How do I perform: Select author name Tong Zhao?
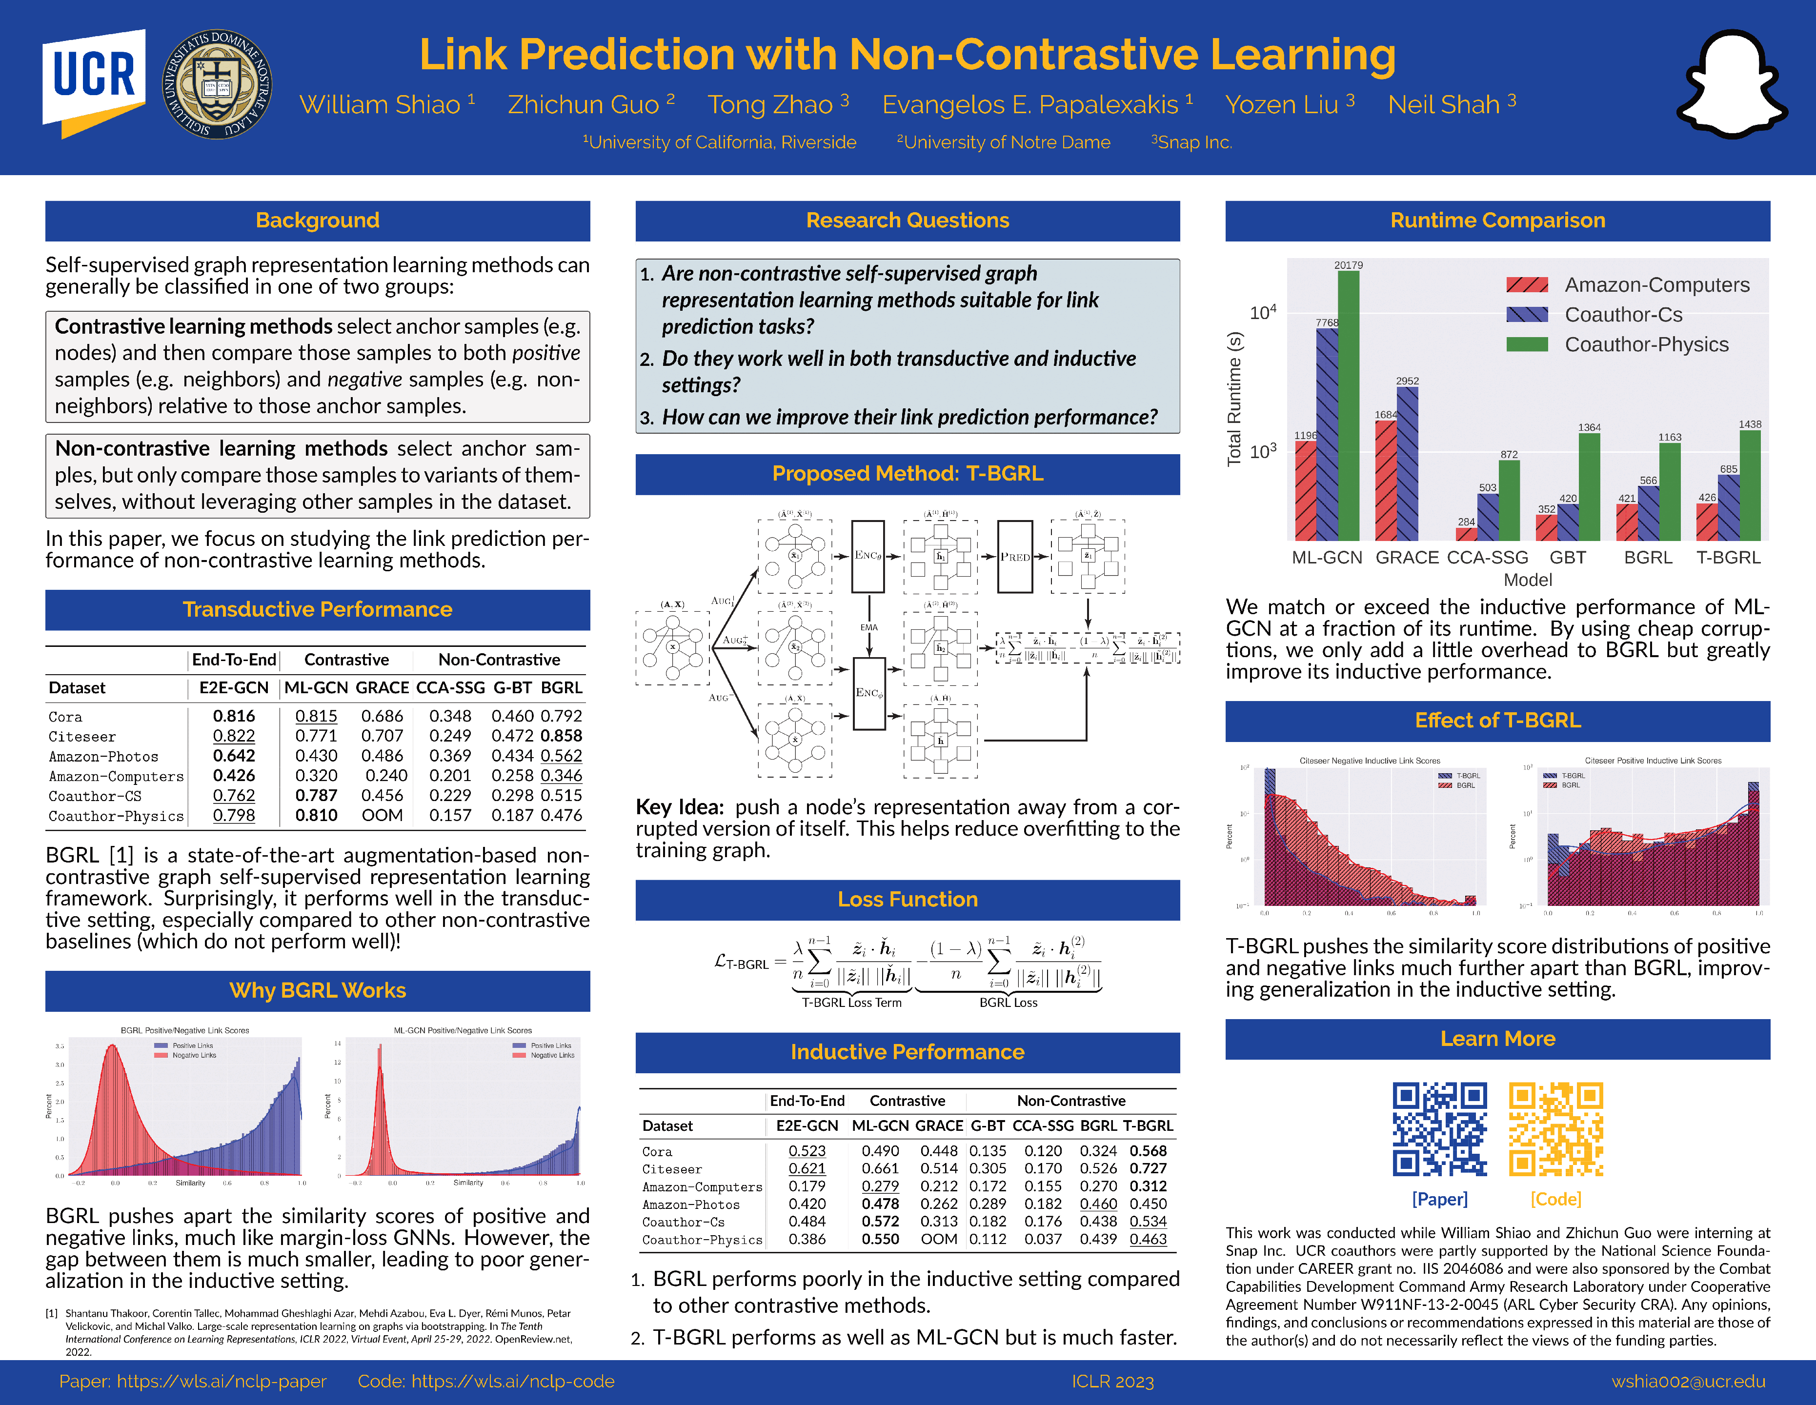point(770,105)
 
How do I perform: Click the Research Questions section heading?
point(907,221)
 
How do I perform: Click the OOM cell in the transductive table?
point(382,816)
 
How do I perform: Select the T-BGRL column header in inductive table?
point(1148,1125)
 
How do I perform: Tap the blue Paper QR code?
point(1439,1128)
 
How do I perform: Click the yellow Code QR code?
point(1556,1128)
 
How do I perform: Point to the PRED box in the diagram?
point(1014,556)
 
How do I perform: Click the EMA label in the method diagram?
point(869,628)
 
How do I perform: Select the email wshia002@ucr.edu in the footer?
point(1688,1382)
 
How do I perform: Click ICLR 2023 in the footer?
point(1112,1382)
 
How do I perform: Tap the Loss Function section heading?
point(907,900)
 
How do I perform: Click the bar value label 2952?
point(1407,381)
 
